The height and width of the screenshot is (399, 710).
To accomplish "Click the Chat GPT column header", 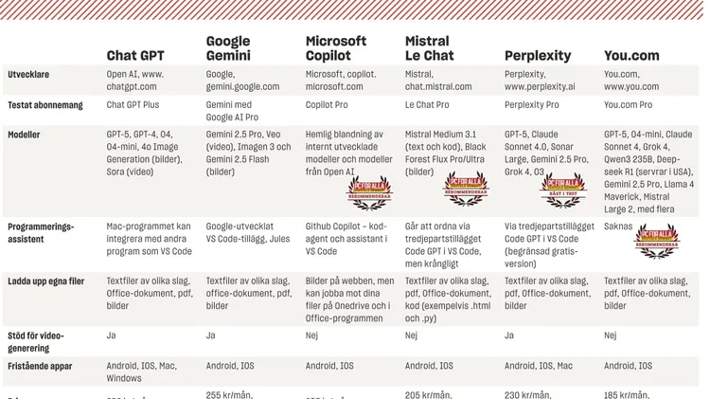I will pyautogui.click(x=135, y=56).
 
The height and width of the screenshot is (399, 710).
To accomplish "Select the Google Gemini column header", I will pyautogui.click(x=228, y=48).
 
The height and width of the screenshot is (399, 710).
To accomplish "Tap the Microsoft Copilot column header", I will pyautogui.click(x=336, y=48).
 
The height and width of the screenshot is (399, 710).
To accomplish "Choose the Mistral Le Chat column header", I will pyautogui.click(x=430, y=48).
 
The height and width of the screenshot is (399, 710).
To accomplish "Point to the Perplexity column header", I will pyautogui.click(x=537, y=56).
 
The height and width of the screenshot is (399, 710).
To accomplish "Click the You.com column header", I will pyautogui.click(x=631, y=56).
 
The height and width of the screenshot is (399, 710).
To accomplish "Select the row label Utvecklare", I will pyautogui.click(x=28, y=73).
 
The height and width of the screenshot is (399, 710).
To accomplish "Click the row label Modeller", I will pyautogui.click(x=24, y=136).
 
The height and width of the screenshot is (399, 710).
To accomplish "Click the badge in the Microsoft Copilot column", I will pyautogui.click(x=369, y=192).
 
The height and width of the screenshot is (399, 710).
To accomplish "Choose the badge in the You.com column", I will pyautogui.click(x=656, y=242).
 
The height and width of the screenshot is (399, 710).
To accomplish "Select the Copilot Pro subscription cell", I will pyautogui.click(x=328, y=104).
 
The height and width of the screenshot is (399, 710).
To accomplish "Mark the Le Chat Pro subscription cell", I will pyautogui.click(x=427, y=104).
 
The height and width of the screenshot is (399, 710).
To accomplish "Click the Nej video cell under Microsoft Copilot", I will pyautogui.click(x=312, y=336).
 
